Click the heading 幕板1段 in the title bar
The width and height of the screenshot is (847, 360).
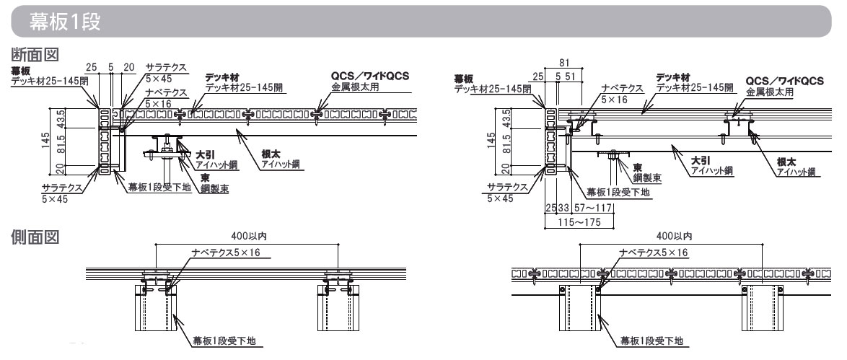tap(65, 22)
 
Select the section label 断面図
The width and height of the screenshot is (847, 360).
tap(35, 54)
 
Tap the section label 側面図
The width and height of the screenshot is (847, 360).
tap(35, 236)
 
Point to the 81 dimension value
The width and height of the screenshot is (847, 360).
tap(565, 63)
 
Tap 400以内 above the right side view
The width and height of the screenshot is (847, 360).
tap(674, 236)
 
